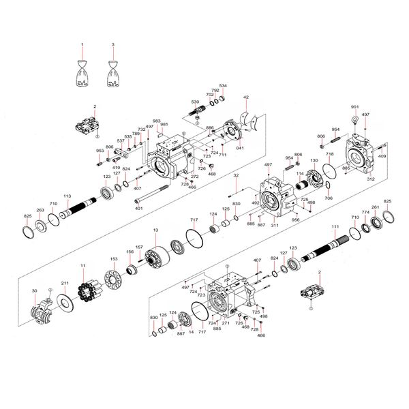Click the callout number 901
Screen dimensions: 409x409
[354, 108]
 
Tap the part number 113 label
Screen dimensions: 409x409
[67, 196]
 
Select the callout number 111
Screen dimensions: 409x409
[335, 226]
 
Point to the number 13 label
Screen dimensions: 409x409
[155, 230]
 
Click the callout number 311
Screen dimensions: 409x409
[275, 224]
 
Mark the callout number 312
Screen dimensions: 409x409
[371, 179]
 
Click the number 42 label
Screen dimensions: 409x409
[246, 97]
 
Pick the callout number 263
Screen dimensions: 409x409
[40, 210]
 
